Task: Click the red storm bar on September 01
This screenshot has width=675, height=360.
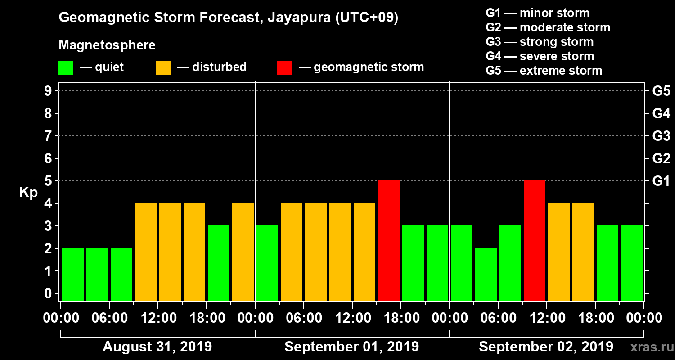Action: click(x=389, y=240)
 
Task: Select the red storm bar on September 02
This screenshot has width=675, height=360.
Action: click(x=535, y=240)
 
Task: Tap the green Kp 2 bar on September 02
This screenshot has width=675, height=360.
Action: click(x=486, y=274)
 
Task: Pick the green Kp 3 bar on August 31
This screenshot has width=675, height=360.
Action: click(x=219, y=263)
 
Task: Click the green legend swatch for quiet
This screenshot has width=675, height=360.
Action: click(x=66, y=68)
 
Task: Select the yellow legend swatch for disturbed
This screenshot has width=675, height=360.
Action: click(x=163, y=68)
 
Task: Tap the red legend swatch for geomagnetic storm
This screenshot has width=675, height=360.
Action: click(x=284, y=68)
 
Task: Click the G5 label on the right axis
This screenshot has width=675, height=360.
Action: click(x=661, y=91)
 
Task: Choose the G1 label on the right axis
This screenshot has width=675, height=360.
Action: click(x=661, y=181)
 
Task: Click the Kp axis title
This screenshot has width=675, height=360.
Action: click(x=28, y=193)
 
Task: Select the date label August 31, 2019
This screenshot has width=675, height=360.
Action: click(x=157, y=347)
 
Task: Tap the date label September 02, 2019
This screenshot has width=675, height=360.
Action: click(x=546, y=347)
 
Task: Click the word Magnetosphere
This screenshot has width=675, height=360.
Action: click(x=107, y=45)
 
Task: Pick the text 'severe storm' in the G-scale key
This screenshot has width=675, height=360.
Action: click(x=557, y=56)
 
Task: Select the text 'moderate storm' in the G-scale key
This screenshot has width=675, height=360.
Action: click(x=565, y=27)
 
